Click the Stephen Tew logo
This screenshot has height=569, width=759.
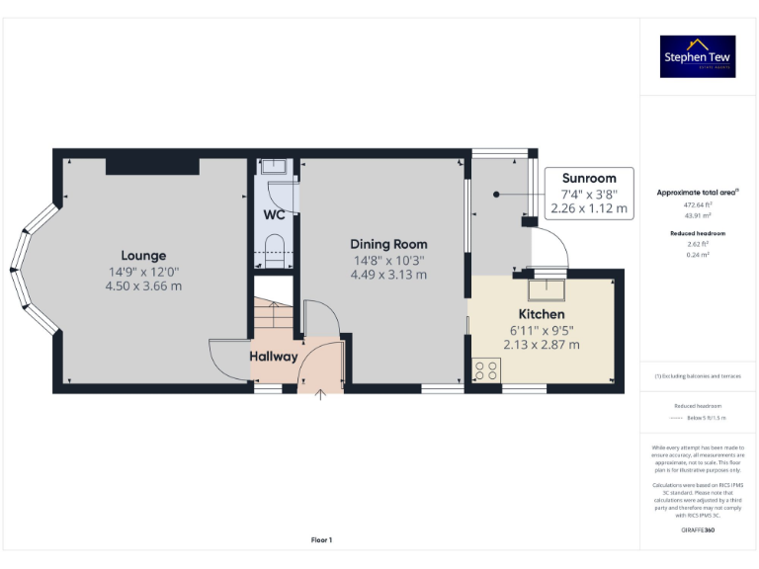[x=697, y=56]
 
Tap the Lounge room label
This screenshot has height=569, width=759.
[x=143, y=256]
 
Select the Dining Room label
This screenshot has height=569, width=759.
[x=388, y=244]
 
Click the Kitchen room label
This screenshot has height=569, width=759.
[x=535, y=313]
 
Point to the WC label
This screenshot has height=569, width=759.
[x=274, y=214]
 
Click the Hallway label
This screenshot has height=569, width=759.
[x=273, y=357]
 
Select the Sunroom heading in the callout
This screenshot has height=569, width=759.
[x=589, y=179]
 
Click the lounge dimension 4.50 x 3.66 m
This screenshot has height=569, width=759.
[x=143, y=286]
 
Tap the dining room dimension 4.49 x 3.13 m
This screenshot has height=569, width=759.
[x=388, y=275]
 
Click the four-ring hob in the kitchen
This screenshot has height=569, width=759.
[x=486, y=369]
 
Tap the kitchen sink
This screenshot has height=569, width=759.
[x=547, y=289]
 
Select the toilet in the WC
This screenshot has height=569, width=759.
[x=275, y=245]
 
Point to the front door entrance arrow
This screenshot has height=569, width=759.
[x=319, y=395]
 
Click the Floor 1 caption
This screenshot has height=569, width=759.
[x=321, y=539]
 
